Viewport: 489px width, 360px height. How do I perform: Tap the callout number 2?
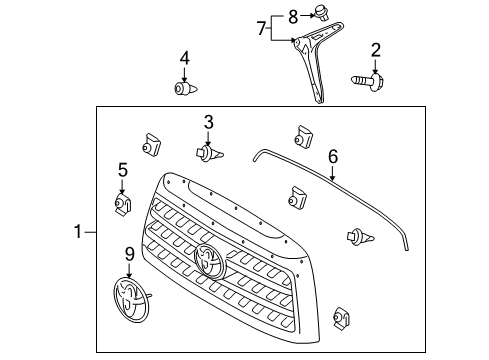[x=376, y=50]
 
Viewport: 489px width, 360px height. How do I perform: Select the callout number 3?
[x=208, y=122]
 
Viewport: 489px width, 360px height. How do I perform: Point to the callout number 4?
[x=184, y=58]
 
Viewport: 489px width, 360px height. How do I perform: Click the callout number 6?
[x=333, y=155]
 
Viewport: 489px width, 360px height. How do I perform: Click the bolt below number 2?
[x=367, y=79]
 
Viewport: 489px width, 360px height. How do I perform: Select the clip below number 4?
[x=183, y=91]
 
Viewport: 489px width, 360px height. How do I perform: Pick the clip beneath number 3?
[x=210, y=154]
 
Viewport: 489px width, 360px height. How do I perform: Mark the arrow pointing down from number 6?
[x=333, y=173]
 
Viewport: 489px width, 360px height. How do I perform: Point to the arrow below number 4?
[x=184, y=73]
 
